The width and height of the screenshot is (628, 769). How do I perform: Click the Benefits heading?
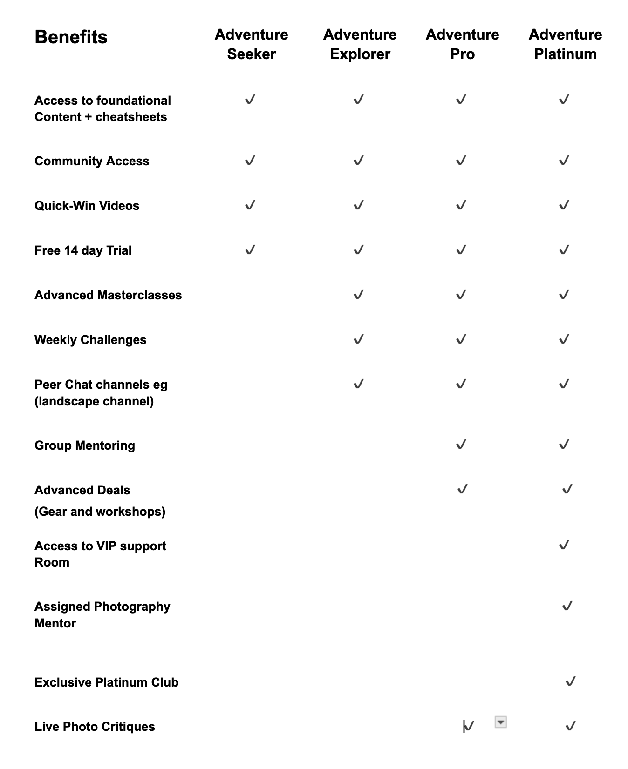click(71, 37)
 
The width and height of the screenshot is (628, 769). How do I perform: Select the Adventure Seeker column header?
click(251, 44)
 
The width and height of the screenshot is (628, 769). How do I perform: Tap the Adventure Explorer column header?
click(360, 44)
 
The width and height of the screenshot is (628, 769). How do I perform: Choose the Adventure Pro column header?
click(462, 44)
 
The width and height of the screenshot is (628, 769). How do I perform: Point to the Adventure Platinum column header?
click(565, 44)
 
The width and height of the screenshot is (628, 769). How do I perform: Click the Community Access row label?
click(92, 161)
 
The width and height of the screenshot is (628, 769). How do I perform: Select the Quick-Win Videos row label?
click(87, 206)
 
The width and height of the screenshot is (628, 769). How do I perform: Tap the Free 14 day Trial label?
click(83, 250)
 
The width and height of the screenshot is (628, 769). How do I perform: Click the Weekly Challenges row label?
click(90, 340)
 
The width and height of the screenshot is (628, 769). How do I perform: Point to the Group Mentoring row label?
click(85, 445)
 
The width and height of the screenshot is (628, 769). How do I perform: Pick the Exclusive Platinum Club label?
click(106, 682)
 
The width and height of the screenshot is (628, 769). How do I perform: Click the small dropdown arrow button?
click(500, 722)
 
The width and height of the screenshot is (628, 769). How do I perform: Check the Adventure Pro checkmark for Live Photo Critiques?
click(469, 726)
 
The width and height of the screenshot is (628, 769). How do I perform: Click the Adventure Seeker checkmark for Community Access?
click(250, 161)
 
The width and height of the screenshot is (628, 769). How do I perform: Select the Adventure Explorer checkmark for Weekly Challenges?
click(358, 339)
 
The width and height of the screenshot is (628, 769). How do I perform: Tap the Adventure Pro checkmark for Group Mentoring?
click(461, 445)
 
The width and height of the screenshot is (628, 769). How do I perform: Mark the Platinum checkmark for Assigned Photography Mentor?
click(567, 606)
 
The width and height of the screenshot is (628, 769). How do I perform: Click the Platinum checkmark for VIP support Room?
click(564, 545)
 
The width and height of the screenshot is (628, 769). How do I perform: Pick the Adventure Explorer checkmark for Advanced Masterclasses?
click(358, 294)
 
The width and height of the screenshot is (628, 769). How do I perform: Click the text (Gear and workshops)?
click(100, 512)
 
